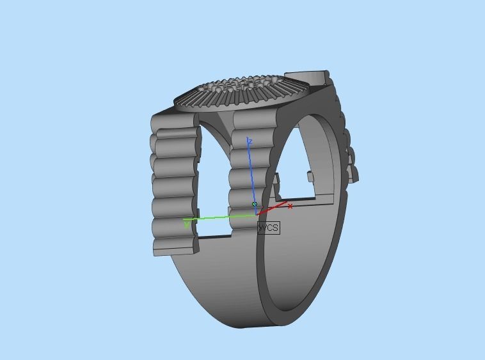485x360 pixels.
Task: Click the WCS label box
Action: [269, 228]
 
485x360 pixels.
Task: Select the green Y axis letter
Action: [187, 224]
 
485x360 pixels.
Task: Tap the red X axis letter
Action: [290, 206]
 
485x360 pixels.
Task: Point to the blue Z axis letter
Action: [250, 141]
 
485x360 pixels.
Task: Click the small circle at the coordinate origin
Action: [255, 205]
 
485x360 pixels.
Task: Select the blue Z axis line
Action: [252, 173]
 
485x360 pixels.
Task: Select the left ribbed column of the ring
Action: [173, 185]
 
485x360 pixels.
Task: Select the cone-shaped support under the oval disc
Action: [221, 121]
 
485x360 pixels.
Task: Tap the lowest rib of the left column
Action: [173, 246]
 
